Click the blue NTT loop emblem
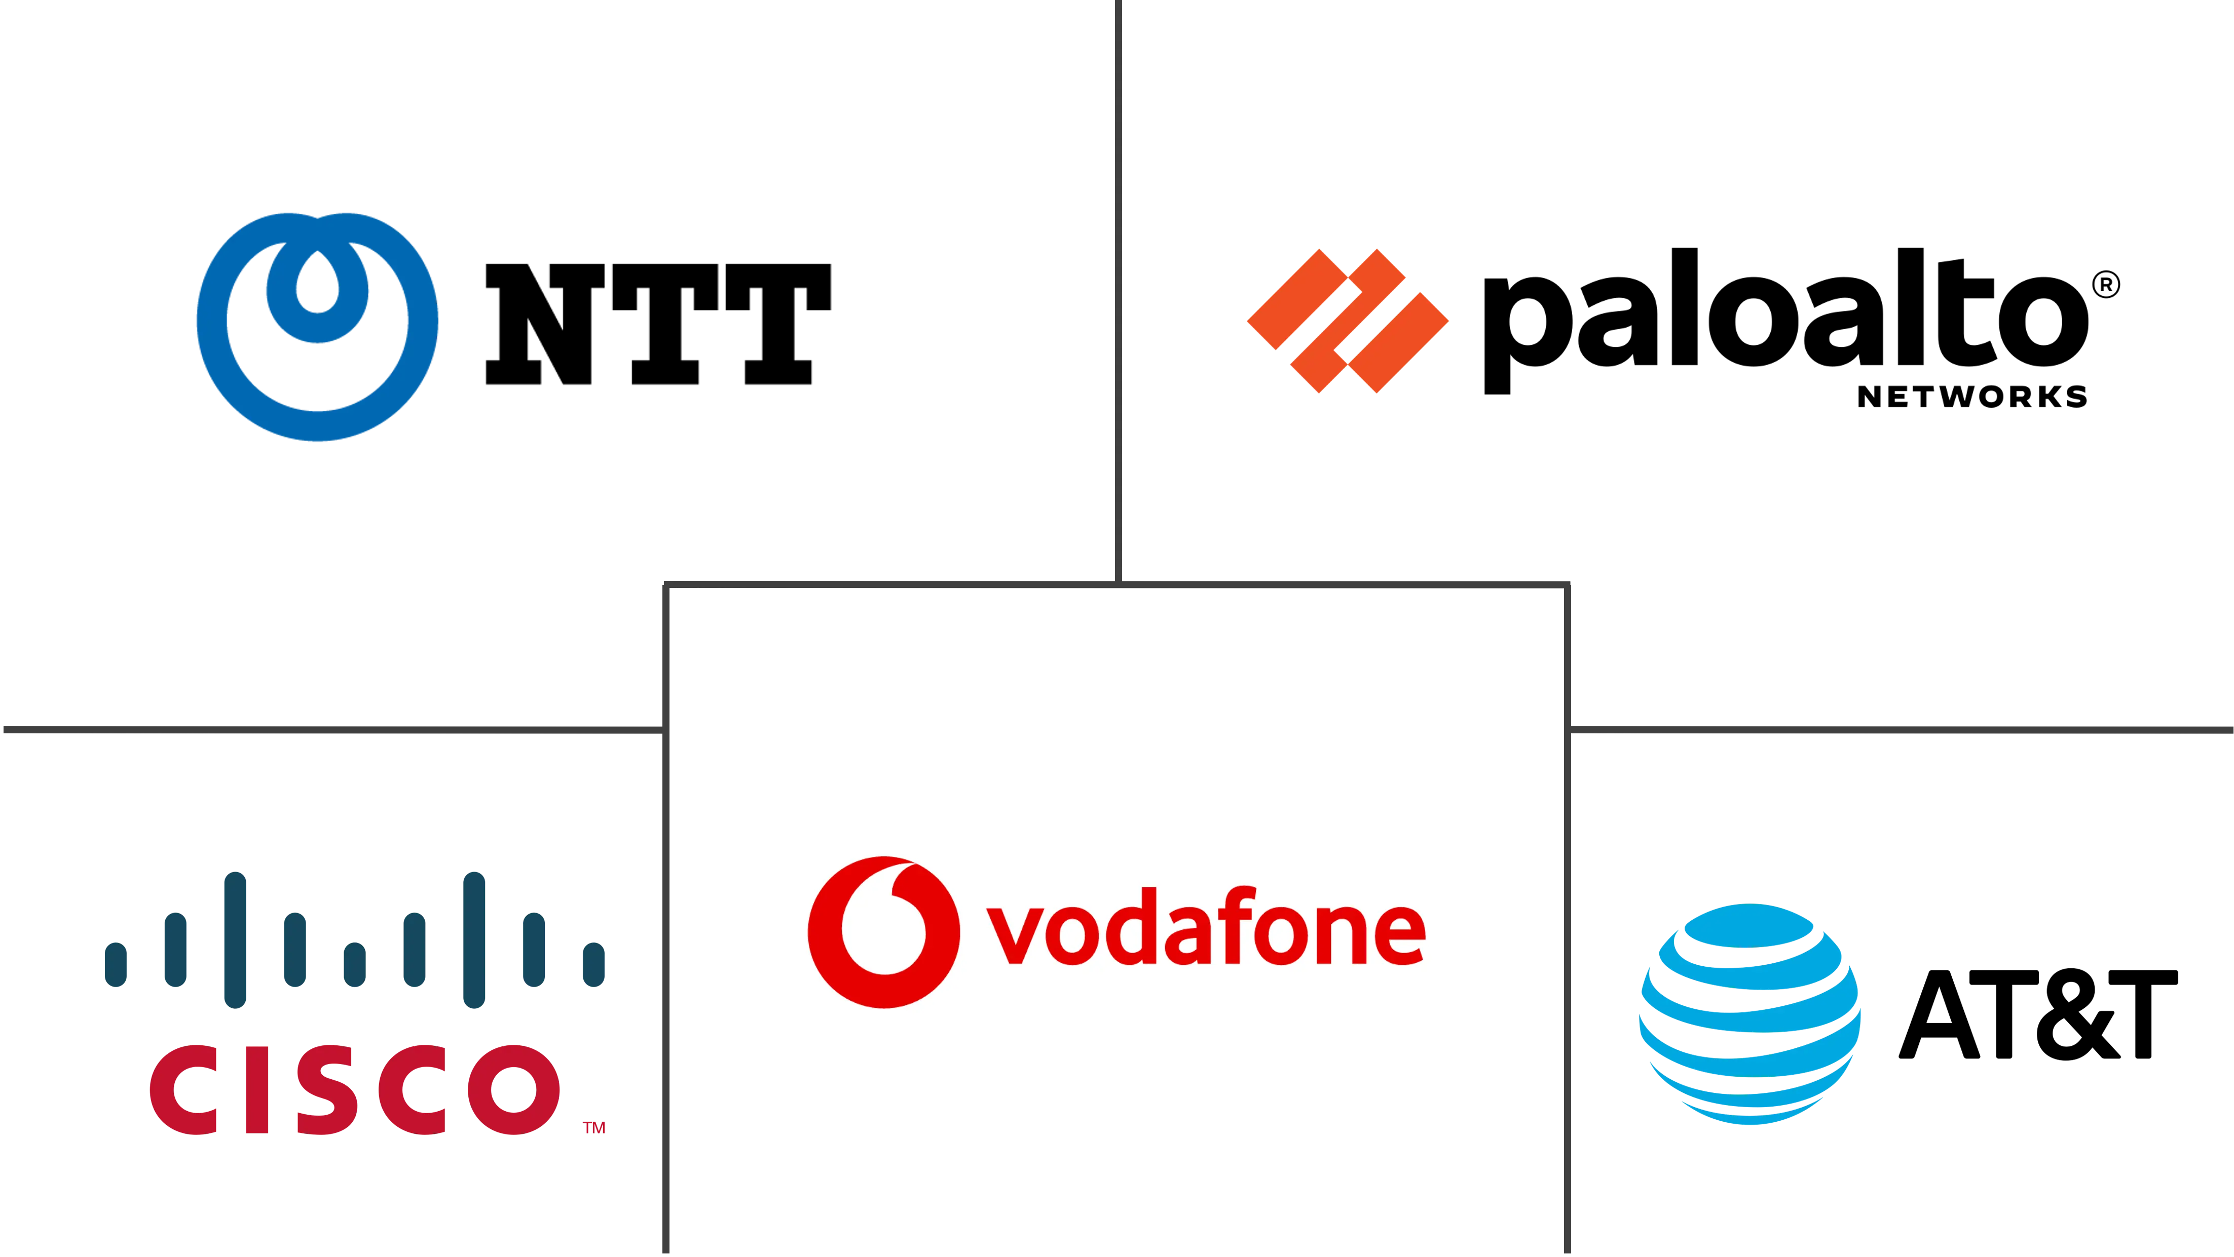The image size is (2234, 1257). (x=317, y=327)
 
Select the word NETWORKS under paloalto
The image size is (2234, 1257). (x=1972, y=397)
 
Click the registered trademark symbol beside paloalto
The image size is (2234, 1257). (x=2106, y=284)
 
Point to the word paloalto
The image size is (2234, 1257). (x=1786, y=321)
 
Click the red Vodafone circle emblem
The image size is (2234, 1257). (x=884, y=932)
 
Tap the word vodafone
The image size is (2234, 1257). (x=1206, y=926)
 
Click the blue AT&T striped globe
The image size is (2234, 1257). (x=1750, y=1014)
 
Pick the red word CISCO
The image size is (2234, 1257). (x=355, y=1090)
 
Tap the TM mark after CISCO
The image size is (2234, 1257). (x=594, y=1128)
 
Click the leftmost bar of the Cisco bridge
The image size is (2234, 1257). (x=116, y=964)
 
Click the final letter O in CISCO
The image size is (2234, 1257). (x=514, y=1090)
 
